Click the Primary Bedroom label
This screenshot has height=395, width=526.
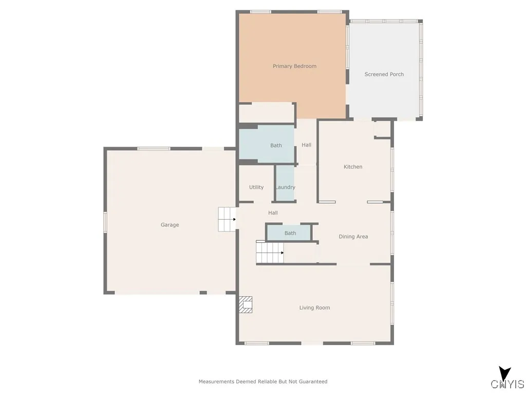coord(294,66)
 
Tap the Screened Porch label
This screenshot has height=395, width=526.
coord(384,75)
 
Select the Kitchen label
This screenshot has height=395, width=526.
coord(353,167)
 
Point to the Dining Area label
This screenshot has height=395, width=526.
coord(353,237)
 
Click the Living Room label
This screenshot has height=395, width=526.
coord(314,308)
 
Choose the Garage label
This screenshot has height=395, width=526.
coord(170,225)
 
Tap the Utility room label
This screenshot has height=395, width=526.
coord(256,187)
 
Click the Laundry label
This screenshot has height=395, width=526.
coord(285,187)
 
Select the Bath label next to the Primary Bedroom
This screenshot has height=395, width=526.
coord(276,146)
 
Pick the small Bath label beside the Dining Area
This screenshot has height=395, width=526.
coord(290,233)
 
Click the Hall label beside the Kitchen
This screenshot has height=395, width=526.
coord(306,145)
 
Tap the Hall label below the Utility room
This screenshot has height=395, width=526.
coord(273,213)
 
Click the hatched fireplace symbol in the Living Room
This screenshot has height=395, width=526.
coord(246,304)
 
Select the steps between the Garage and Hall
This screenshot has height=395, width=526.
coord(226,219)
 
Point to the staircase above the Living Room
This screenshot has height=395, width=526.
coord(269,253)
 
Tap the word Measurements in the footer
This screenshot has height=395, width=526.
coord(216,382)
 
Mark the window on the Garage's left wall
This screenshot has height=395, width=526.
coord(105,222)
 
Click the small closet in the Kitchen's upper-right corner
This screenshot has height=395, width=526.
coord(382,129)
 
